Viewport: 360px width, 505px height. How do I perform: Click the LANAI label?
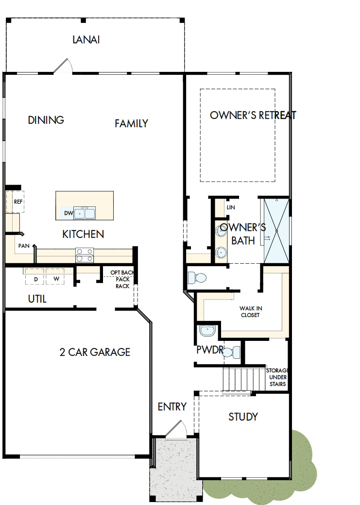pos(86,40)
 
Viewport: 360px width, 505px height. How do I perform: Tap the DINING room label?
pos(46,120)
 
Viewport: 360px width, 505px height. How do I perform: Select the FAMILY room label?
pos(131,123)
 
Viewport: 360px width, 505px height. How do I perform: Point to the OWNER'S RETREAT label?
pos(253,115)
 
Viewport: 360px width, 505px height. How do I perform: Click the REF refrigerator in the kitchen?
pos(18,202)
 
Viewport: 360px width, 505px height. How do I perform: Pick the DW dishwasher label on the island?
pos(68,213)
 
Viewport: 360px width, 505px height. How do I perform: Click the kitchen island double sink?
pos(84,213)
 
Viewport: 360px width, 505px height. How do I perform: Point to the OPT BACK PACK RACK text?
pos(121,279)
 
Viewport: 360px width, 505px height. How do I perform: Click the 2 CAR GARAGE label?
pos(95,352)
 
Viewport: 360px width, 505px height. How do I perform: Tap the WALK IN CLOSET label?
pos(250,312)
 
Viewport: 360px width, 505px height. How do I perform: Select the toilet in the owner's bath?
pos(197,278)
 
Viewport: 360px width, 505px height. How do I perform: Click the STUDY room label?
pos(243,417)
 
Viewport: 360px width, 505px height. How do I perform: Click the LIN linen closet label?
pos(231,207)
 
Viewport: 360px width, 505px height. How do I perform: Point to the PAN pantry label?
pos(23,246)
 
